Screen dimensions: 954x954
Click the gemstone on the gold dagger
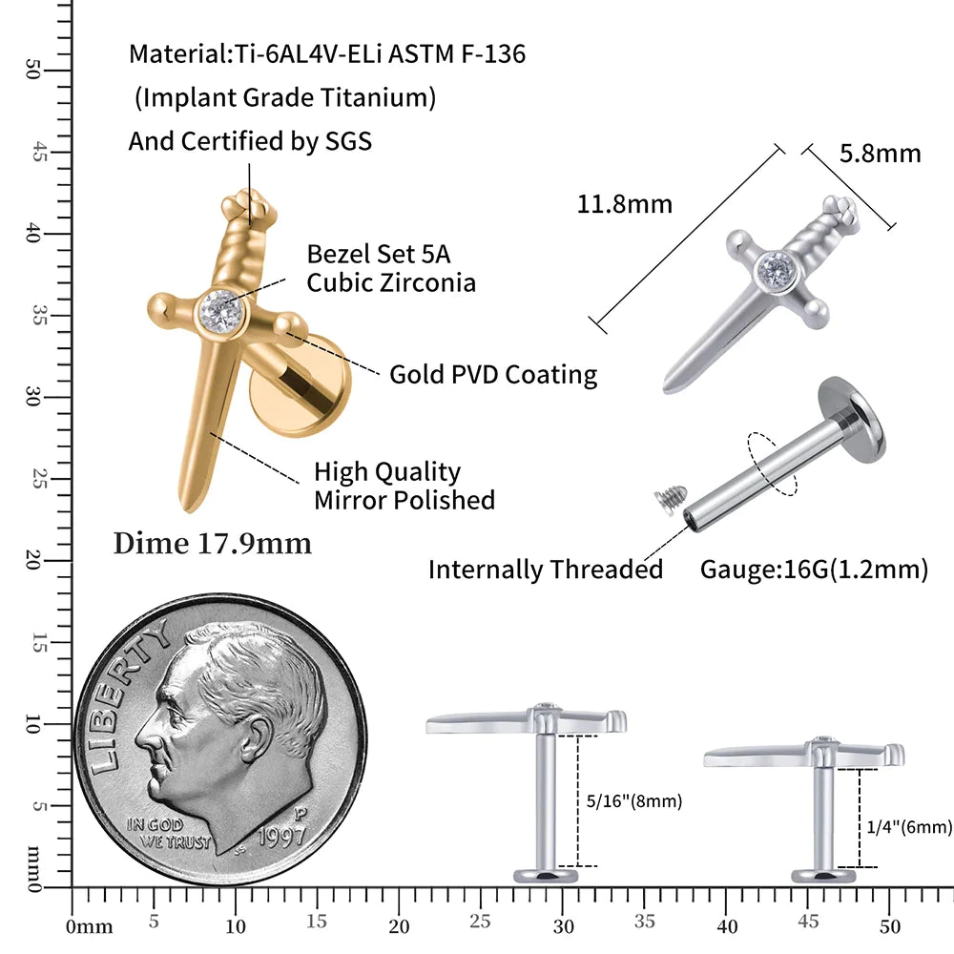(x=221, y=312)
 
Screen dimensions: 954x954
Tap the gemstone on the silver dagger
(x=776, y=271)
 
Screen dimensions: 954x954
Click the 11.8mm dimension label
(x=624, y=204)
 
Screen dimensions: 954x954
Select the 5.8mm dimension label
(x=880, y=154)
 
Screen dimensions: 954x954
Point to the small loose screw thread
(x=671, y=498)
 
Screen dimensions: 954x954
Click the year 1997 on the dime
(x=281, y=837)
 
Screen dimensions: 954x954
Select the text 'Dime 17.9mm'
(x=213, y=544)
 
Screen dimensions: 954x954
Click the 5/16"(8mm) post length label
(x=634, y=800)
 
